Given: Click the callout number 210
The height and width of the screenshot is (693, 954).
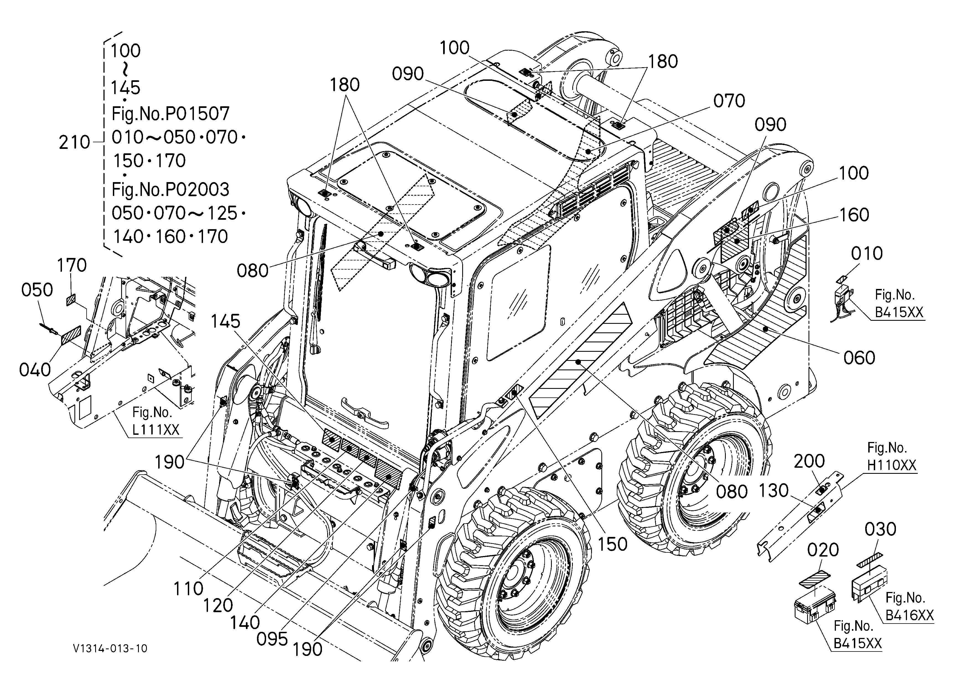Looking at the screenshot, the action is [74, 143].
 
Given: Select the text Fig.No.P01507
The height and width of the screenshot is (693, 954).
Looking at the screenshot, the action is [170, 113].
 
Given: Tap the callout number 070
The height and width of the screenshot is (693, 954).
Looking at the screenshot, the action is [729, 101].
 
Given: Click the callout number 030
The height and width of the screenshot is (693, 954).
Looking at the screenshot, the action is [880, 529].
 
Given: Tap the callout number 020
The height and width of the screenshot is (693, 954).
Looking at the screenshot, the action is [823, 550].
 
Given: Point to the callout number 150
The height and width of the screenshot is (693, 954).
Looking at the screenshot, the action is [612, 544].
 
